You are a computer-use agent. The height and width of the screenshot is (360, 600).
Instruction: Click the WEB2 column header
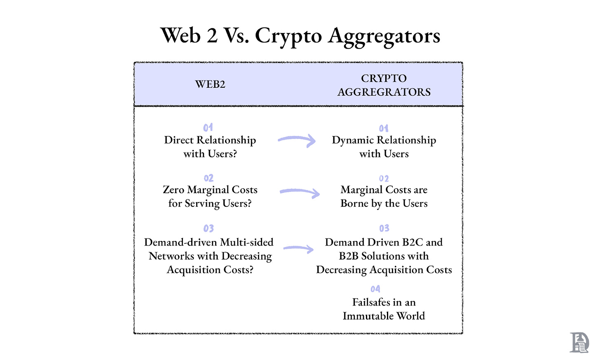[210, 84]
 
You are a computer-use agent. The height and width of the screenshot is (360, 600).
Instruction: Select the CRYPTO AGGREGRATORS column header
[384, 85]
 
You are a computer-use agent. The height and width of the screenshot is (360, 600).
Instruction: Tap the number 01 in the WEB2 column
[208, 128]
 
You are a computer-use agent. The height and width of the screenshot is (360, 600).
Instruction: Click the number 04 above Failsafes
[375, 289]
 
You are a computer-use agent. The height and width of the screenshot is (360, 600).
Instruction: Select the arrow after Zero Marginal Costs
[300, 192]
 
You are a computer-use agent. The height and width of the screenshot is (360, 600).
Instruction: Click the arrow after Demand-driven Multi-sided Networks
[298, 248]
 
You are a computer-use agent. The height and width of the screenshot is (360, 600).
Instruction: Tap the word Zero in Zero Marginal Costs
[173, 190]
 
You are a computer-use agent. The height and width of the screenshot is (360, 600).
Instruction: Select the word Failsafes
[371, 302]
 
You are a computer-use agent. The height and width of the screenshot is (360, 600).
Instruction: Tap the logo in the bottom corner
[579, 342]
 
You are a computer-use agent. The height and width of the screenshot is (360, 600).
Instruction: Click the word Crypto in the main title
[288, 36]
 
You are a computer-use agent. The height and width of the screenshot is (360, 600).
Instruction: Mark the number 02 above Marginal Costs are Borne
[384, 179]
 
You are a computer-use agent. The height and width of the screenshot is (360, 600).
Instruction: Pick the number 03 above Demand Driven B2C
[384, 229]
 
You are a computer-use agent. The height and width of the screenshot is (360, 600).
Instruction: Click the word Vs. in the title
[236, 36]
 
